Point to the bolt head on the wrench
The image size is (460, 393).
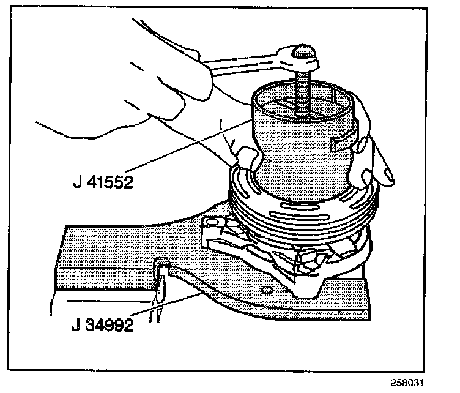pyautogui.click(x=303, y=56)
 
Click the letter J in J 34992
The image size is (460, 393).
pyautogui.click(x=75, y=324)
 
